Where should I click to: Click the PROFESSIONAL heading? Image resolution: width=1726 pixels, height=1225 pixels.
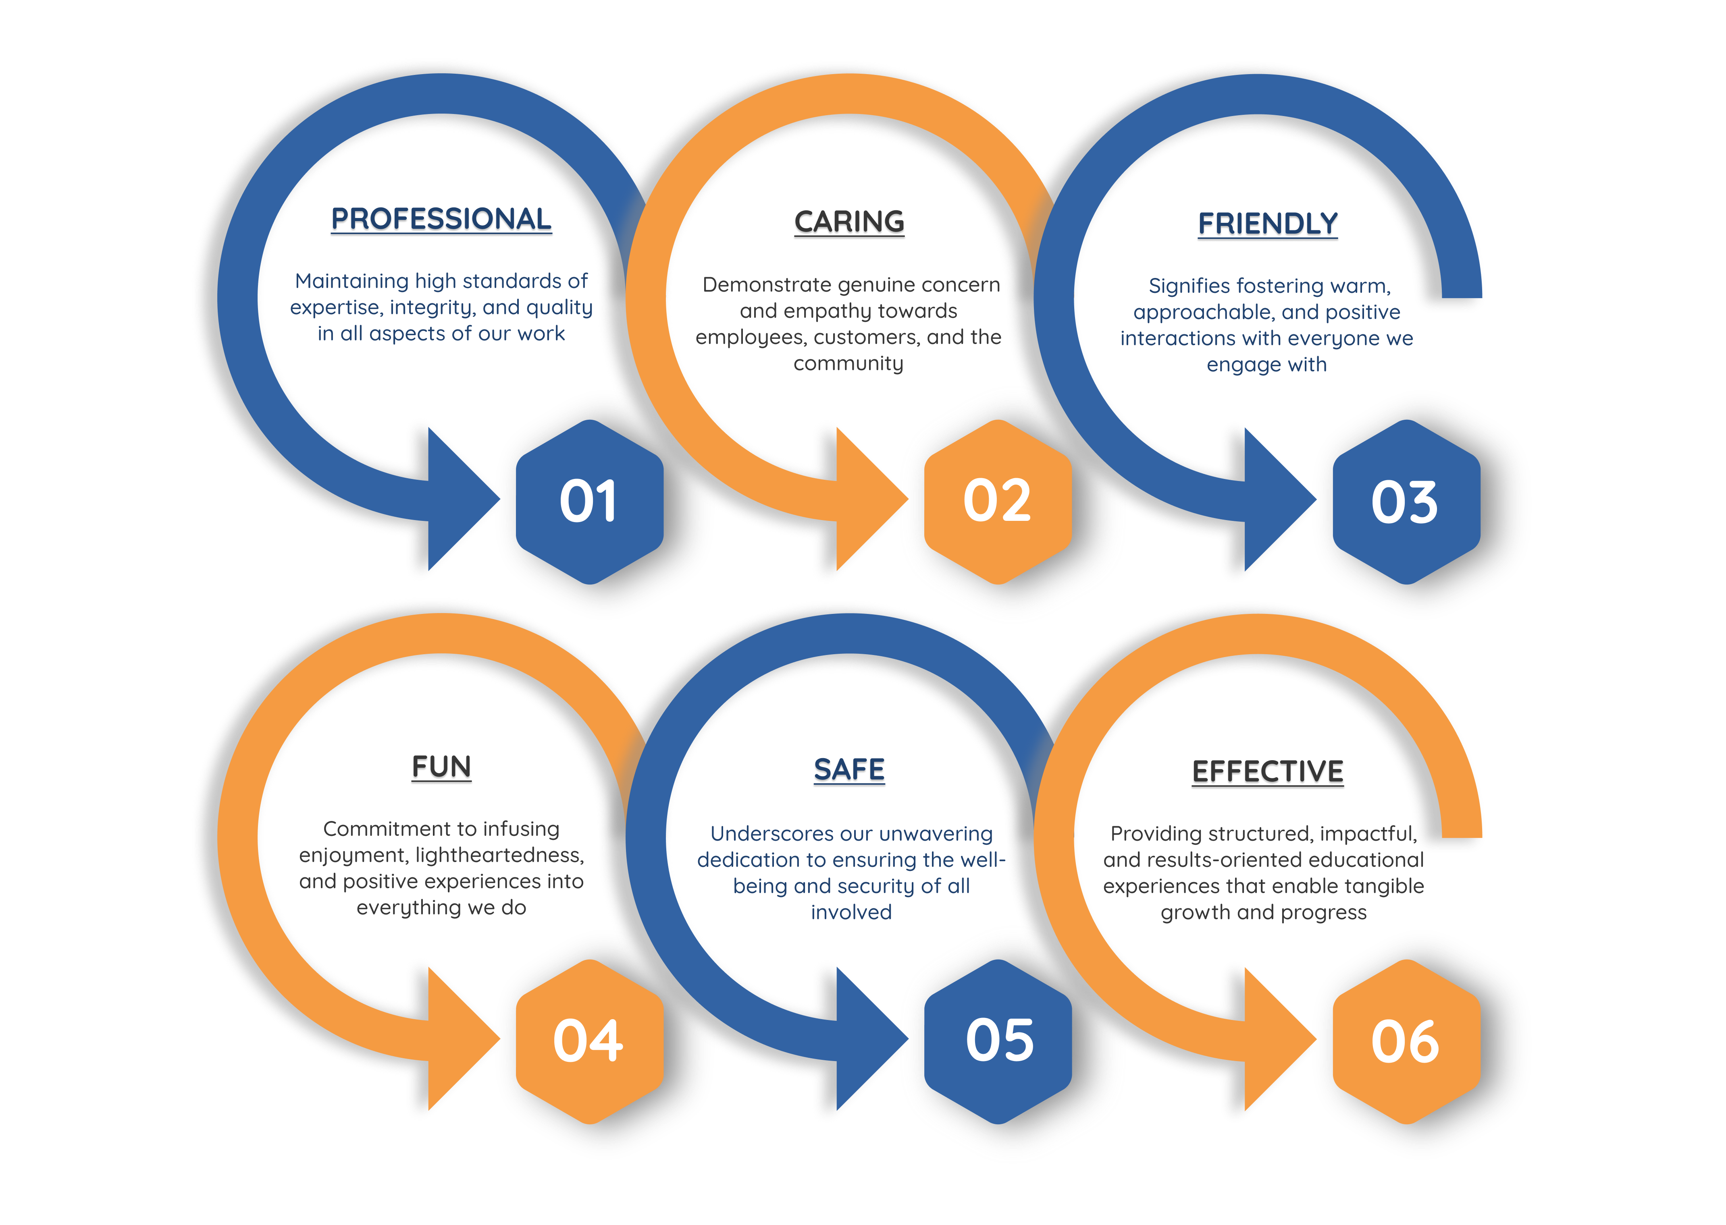[441, 219]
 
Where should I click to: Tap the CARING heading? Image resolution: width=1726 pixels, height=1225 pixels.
[849, 222]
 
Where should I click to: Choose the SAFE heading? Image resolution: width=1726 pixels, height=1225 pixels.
[849, 769]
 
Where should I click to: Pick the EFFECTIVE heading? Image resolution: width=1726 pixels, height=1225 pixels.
[1268, 772]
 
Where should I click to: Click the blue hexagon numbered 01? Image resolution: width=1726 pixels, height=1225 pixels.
[589, 502]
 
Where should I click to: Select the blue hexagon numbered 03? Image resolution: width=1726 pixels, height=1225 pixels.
[1405, 502]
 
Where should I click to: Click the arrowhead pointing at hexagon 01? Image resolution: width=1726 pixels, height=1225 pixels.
[457, 500]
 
